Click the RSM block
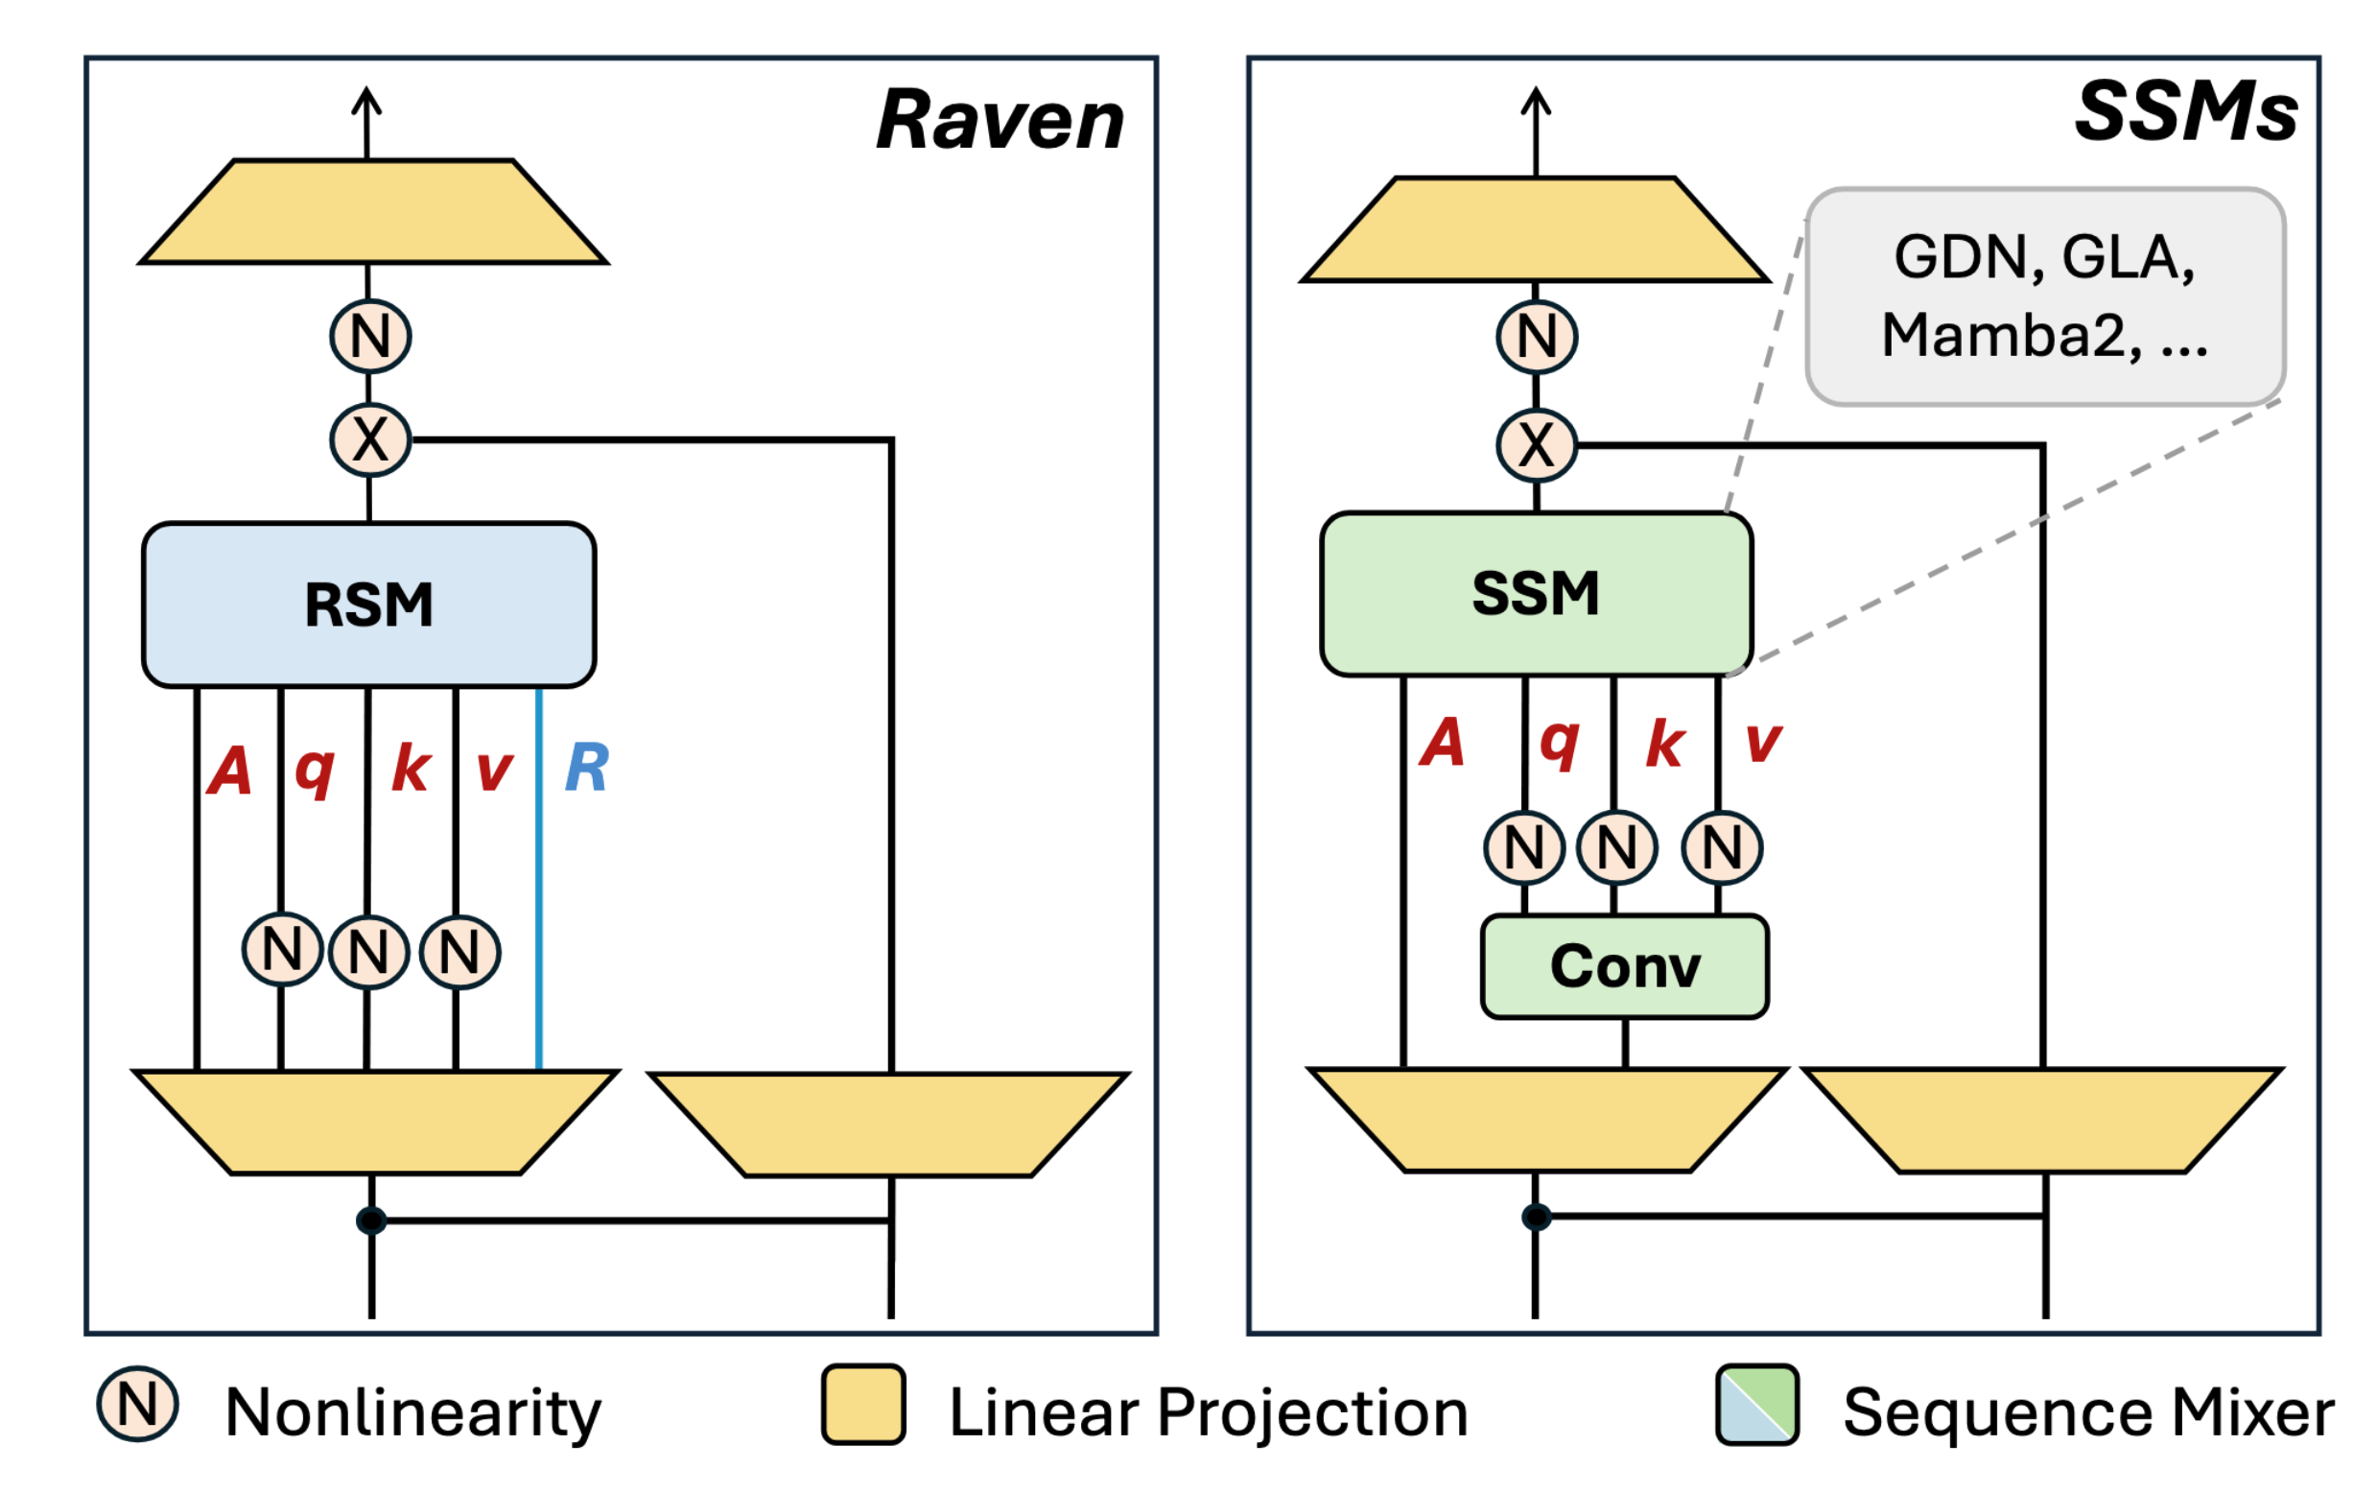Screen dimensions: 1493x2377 tap(368, 604)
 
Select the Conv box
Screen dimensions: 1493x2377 tap(1624, 965)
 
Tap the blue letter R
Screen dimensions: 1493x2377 tap(587, 768)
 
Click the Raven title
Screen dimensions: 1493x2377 tap(999, 121)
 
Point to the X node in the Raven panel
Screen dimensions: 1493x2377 tap(370, 440)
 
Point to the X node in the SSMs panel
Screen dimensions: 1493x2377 tap(1536, 445)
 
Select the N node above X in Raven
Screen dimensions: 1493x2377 tap(370, 336)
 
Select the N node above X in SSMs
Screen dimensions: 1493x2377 tap(1536, 337)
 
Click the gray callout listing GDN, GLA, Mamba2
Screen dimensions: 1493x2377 tap(2044, 296)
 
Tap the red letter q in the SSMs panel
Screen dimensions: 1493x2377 tap(1560, 743)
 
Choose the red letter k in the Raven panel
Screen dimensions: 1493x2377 tap(411, 768)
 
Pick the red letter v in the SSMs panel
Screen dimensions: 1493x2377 tap(1763, 743)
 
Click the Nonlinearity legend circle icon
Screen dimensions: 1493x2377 tap(137, 1403)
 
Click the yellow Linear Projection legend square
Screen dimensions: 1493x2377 tap(862, 1404)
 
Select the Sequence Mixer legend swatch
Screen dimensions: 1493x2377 tap(1756, 1404)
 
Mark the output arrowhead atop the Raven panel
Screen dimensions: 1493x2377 tap(367, 99)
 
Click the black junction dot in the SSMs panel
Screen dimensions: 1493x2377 tap(1536, 1217)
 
